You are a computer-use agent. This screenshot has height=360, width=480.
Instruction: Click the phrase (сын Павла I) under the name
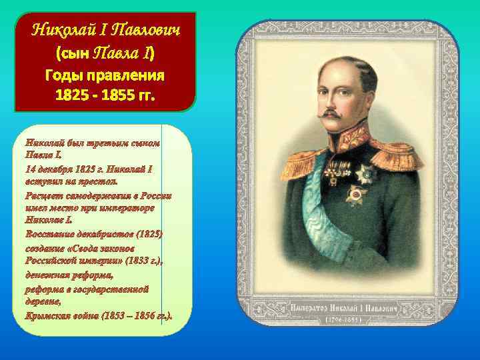(x=105, y=52)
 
